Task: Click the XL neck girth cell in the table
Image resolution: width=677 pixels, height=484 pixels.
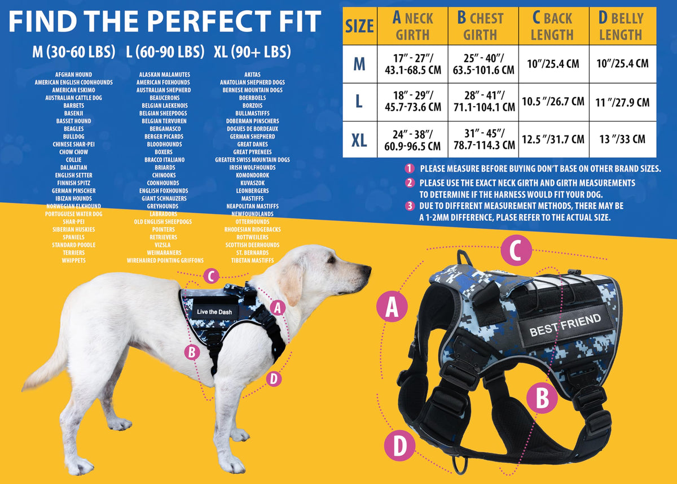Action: coord(412,139)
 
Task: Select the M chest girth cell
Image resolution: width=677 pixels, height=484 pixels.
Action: coord(483,64)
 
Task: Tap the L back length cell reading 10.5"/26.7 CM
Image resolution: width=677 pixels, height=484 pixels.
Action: coord(553,102)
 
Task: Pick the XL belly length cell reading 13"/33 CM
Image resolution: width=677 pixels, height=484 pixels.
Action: coord(623,139)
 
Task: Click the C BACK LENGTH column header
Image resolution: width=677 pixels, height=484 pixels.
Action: coord(553,26)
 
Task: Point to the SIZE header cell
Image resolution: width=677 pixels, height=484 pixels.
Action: coord(360,26)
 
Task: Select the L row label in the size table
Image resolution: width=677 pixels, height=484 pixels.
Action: coord(359,102)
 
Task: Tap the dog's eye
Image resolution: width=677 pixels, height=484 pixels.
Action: coord(332,259)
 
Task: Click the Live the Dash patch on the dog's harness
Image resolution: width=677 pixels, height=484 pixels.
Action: coord(214,312)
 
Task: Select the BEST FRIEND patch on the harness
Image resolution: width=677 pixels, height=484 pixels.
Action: coord(565,325)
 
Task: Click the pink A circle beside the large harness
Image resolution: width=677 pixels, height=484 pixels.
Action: coord(392,307)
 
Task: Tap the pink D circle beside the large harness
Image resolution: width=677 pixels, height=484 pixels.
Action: coord(399,446)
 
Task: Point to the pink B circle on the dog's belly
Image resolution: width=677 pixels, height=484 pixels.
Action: coord(192,352)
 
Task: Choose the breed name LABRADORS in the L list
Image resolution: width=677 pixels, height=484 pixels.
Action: coord(163,214)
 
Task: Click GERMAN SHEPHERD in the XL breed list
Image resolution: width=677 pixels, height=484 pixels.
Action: coord(252,137)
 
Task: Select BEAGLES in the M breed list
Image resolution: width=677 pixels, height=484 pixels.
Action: coord(74,129)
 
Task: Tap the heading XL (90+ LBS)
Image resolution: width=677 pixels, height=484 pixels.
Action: coord(252,52)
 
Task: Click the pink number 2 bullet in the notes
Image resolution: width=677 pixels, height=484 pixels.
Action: coord(410,183)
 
